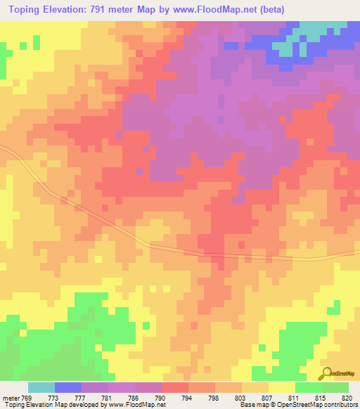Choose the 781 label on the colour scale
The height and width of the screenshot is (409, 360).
point(105,397)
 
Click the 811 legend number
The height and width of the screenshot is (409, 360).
point(293,397)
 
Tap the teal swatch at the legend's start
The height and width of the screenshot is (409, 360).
point(41,387)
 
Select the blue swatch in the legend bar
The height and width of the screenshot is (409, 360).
point(68,387)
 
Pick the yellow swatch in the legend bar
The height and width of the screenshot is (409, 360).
point(281,387)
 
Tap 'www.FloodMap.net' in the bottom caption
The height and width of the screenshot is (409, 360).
point(139,405)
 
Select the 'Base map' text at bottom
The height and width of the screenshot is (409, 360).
point(251,405)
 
